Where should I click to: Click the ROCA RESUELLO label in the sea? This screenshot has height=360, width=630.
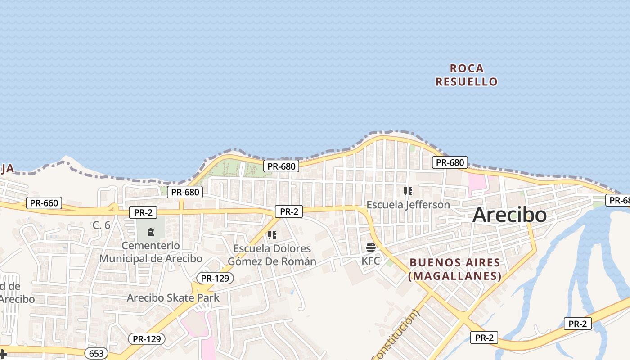pos(467,75)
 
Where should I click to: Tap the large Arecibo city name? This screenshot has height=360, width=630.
pos(509,215)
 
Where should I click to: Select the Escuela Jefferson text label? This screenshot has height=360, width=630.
pos(408,205)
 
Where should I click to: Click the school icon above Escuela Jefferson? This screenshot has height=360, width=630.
pos(408,191)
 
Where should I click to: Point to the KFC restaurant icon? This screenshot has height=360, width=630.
pos(371,247)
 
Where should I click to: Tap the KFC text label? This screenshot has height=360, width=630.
pos(371,261)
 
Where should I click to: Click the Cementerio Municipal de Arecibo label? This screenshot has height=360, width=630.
pos(151,252)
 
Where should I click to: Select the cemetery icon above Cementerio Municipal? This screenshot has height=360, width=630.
pos(150,232)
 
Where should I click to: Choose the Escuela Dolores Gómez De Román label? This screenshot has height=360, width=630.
pos(272,255)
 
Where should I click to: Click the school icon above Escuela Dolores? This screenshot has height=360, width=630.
pos(272,235)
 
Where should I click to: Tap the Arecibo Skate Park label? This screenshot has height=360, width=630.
pos(173,297)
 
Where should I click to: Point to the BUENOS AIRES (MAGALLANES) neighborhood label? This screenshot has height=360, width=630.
pos(454,269)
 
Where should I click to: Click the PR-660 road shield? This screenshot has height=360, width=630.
pos(44,203)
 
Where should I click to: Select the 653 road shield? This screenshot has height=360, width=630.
pos(96,353)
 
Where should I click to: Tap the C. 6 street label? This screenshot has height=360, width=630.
pos(101,225)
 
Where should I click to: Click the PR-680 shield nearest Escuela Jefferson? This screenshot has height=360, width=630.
pos(450,162)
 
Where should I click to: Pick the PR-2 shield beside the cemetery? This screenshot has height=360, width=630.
pos(143,212)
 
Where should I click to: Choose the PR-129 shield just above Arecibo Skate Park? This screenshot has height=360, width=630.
pos(215,278)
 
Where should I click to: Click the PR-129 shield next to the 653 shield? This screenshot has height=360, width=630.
pos(147,339)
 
